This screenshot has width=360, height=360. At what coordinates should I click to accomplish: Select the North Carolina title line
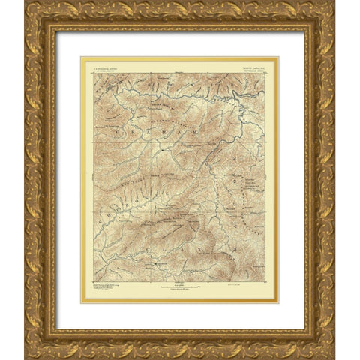[x=246, y=64]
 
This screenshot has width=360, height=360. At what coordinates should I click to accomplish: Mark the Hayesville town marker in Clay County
[x=157, y=265]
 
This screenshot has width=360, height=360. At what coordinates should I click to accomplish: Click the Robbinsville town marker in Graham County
[x=166, y=148]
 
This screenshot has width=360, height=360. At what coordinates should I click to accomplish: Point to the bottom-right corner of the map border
[x=265, y=281]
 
